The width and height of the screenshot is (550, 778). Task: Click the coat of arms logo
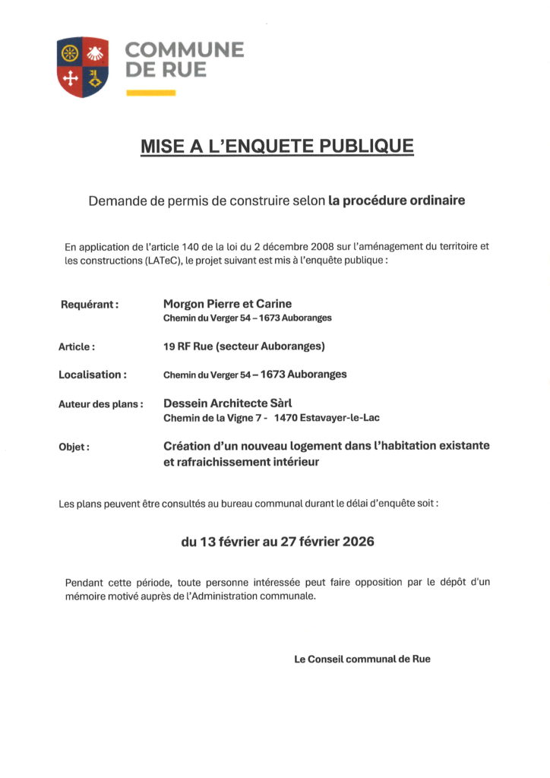82,66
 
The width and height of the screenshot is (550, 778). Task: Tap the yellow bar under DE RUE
150,93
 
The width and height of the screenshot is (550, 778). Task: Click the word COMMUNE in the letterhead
184,50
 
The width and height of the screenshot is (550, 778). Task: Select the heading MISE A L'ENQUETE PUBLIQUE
277,146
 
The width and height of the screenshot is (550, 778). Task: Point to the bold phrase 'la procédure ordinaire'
397,201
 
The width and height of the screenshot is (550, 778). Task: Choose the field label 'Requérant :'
90,305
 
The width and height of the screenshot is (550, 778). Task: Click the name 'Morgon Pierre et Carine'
227,304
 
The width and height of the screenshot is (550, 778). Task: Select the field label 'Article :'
77,347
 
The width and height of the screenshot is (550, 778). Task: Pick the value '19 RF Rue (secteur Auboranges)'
244,346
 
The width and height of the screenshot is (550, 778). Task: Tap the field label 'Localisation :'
92,375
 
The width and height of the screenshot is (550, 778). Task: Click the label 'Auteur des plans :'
101,404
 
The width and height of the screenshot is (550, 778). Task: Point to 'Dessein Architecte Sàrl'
227,403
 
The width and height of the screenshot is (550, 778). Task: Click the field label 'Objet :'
74,447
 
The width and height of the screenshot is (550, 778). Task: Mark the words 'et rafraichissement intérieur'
242,461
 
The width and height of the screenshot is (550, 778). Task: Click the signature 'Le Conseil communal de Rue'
362,659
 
